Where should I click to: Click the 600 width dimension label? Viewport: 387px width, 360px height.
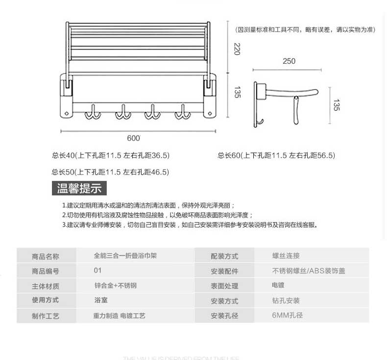tap(133, 139)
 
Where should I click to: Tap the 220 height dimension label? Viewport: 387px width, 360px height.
tap(237, 48)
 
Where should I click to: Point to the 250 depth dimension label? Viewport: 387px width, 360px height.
tap(289, 61)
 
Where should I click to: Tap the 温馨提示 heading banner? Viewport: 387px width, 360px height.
tap(79, 188)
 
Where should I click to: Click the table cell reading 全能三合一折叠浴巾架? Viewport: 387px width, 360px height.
tap(125, 256)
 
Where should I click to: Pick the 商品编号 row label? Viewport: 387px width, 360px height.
tap(46, 271)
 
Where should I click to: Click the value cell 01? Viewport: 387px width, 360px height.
tap(98, 270)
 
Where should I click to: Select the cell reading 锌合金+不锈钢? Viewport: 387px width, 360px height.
tap(115, 286)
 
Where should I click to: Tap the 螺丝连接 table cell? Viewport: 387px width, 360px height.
tap(286, 256)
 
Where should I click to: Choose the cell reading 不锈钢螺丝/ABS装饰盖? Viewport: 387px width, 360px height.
tap(309, 271)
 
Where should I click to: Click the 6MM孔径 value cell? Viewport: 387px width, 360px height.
tap(288, 315)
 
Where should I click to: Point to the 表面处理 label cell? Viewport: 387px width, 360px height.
tap(224, 286)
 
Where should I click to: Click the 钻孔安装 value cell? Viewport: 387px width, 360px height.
tap(286, 301)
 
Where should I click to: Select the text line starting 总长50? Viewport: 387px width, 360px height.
tap(111, 172)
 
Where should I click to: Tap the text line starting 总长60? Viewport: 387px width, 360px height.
tap(276, 156)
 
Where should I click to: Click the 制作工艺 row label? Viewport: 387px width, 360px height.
tap(46, 316)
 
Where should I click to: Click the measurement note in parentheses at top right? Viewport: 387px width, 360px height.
tap(305, 30)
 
